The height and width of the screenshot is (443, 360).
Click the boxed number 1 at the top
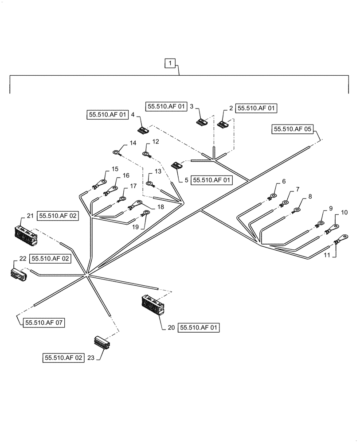[170, 64]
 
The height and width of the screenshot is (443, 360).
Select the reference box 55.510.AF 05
[293, 129]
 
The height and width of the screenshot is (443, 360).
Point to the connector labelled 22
[18, 274]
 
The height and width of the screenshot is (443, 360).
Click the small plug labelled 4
[143, 130]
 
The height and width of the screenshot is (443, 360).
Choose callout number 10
[344, 213]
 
